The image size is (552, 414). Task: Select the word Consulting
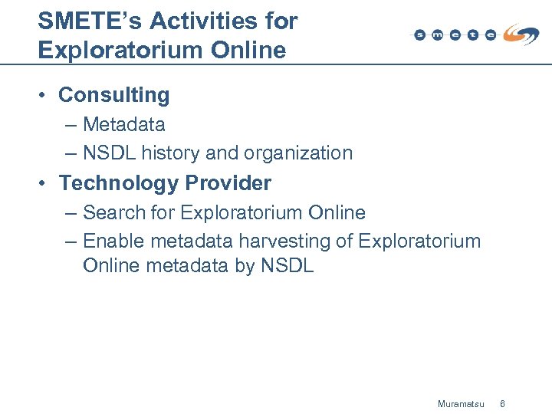coord(114,95)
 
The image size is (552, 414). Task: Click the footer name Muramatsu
coord(461,403)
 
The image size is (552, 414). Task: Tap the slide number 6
coord(503,403)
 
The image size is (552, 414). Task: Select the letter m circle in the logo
coord(437,35)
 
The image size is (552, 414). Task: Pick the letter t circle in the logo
coord(473,35)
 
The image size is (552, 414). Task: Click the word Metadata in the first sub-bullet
coord(124,124)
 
